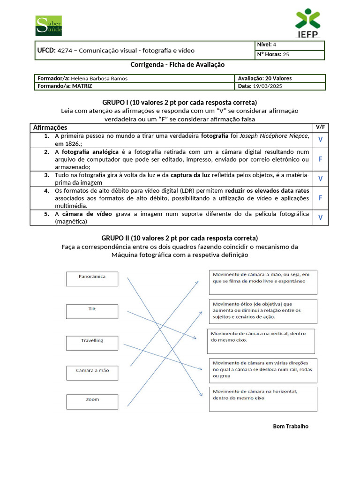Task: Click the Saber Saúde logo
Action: [49, 26]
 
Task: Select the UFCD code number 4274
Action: [66, 51]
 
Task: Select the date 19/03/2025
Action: [267, 86]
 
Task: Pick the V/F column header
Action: [320, 127]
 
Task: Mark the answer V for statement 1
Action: [320, 139]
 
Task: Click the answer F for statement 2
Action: [320, 159]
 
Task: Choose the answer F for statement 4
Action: [320, 198]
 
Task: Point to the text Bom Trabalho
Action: [291, 426]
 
